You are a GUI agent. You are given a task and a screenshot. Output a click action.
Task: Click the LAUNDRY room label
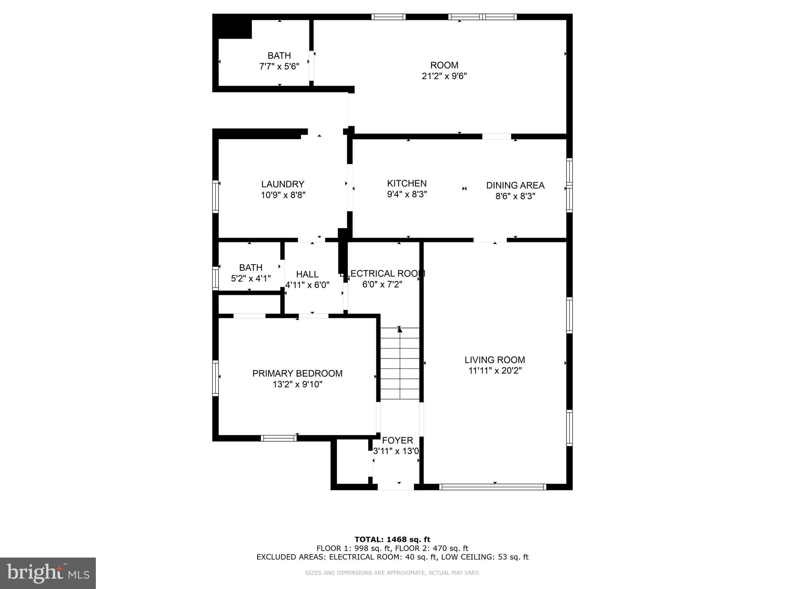pos(283,184)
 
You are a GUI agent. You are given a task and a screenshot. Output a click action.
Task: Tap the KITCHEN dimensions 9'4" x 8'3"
pos(407,194)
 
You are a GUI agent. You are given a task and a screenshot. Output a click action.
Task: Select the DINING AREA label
pos(515,185)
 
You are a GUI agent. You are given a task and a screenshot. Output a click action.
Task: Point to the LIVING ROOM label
pos(494,360)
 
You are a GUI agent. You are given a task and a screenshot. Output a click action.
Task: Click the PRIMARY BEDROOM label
pos(297,373)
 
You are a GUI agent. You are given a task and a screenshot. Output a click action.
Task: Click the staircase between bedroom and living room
pos(400,363)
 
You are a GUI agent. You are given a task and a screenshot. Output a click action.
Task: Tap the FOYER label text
pos(397,440)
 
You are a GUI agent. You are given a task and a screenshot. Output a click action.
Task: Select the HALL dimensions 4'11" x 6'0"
pos(307,285)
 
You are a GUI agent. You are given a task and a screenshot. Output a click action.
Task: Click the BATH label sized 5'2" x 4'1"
pos(251,268)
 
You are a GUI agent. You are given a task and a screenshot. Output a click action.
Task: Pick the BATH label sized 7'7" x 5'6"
pos(279,56)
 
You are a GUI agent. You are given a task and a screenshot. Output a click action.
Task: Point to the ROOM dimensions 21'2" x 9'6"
pos(444,76)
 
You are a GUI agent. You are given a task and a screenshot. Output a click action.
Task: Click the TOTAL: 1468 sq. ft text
pos(392,540)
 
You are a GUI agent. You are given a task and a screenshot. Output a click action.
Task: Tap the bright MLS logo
pos(48,573)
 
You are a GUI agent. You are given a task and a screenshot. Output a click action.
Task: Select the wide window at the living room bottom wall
pos(493,487)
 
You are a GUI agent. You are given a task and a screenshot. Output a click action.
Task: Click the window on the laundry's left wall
pos(215,196)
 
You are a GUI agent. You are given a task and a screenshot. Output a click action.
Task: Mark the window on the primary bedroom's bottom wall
pos(279,438)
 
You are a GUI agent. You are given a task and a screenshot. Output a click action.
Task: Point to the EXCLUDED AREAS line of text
pos(392,557)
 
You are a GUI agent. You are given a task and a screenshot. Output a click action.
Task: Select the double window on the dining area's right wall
pos(569,185)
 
